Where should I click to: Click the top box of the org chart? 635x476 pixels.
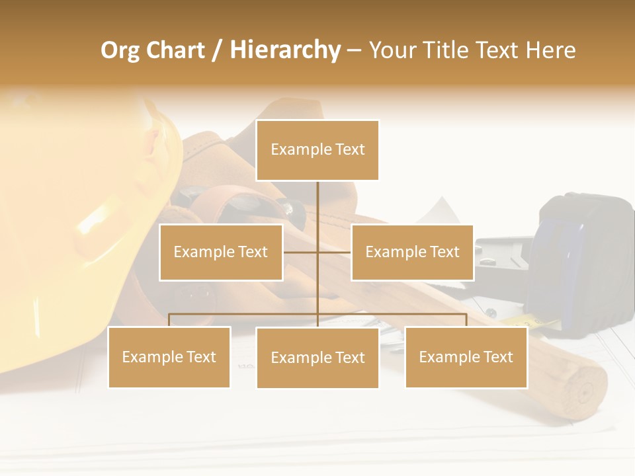pyautogui.click(x=317, y=150)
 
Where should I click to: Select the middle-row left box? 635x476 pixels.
pyautogui.click(x=221, y=252)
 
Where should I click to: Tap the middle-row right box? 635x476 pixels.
pyautogui.click(x=412, y=252)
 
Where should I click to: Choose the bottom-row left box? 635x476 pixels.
pyautogui.click(x=169, y=357)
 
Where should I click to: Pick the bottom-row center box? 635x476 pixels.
pyautogui.click(x=317, y=358)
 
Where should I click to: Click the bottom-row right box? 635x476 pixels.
pyautogui.click(x=466, y=357)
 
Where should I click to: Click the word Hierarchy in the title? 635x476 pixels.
pyautogui.click(x=285, y=50)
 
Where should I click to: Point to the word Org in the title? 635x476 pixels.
pyautogui.click(x=120, y=50)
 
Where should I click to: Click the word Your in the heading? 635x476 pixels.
pyautogui.click(x=390, y=50)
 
